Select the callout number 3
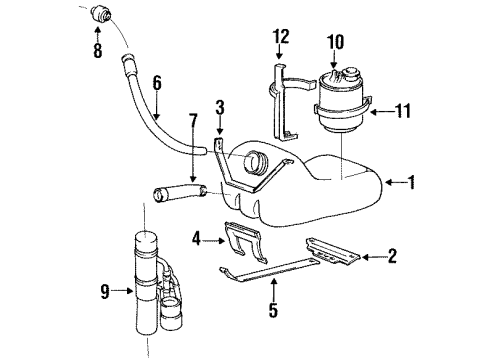tap(220, 106)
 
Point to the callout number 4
tap(196, 238)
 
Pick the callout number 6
tap(156, 86)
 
